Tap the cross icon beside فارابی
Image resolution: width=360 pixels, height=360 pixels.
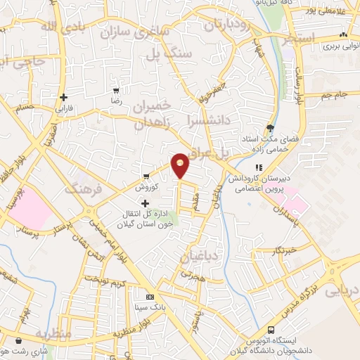click(x=64, y=97)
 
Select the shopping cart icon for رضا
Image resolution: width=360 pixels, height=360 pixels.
click(x=117, y=91)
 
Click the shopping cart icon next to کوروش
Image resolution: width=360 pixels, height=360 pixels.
click(x=146, y=176)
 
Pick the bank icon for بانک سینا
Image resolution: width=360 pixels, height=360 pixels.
click(x=149, y=297)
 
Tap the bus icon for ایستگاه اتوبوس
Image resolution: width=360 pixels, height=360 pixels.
click(x=271, y=330)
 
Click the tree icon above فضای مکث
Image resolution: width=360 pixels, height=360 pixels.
click(x=271, y=127)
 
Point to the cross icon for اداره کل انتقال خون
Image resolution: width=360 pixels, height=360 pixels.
click(x=146, y=204)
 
